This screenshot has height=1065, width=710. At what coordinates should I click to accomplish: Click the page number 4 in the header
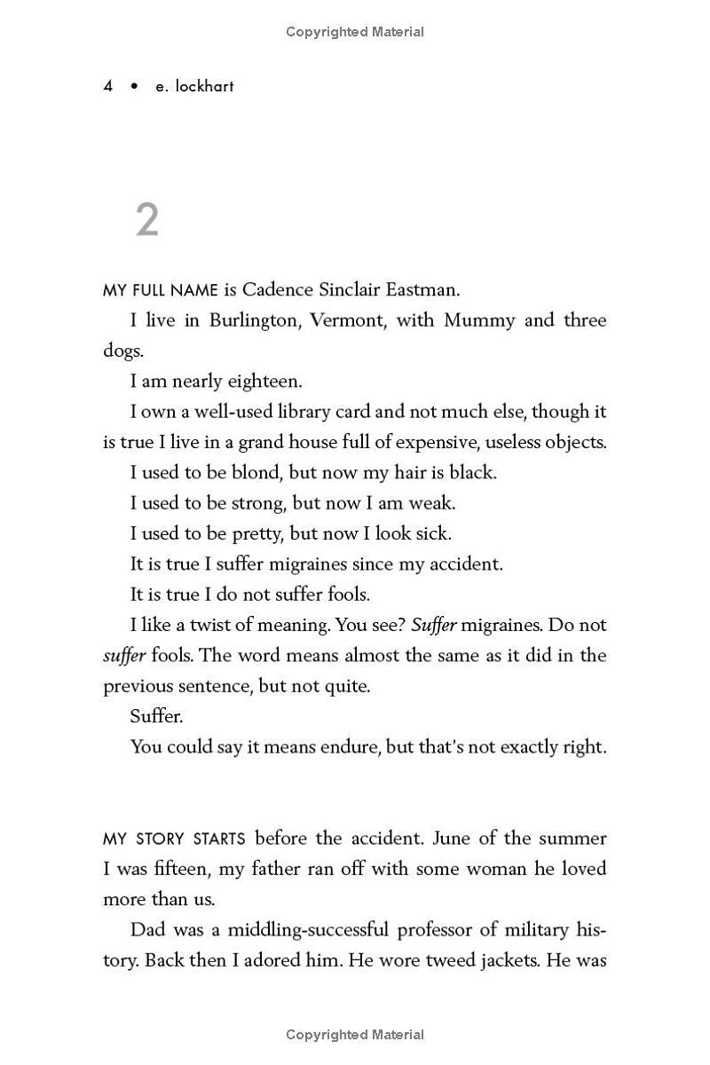pyautogui.click(x=108, y=87)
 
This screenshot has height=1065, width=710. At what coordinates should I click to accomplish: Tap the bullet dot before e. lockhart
pyautogui.click(x=135, y=87)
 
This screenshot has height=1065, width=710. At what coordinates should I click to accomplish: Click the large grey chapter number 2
pyautogui.click(x=147, y=219)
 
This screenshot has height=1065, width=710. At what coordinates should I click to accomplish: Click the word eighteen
pyautogui.click(x=266, y=382)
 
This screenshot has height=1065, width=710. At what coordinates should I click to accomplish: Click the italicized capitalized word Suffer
pyautogui.click(x=434, y=625)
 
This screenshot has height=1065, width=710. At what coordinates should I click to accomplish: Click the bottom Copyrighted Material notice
pyautogui.click(x=355, y=1034)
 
